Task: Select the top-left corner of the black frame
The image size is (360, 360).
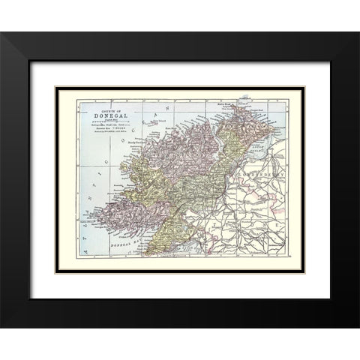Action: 2,33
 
